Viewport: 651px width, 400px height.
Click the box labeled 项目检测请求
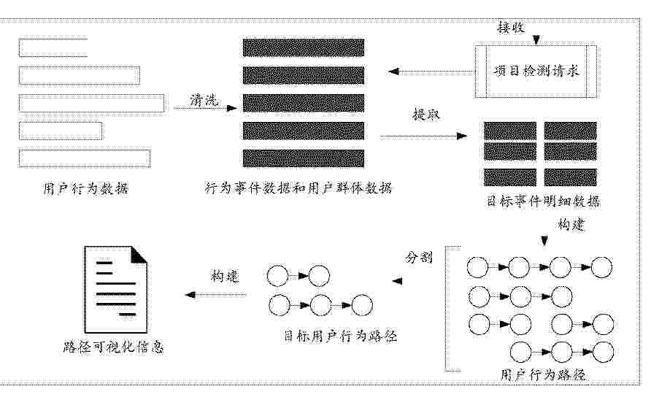(x=536, y=72)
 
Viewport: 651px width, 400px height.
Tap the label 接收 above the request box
(x=511, y=28)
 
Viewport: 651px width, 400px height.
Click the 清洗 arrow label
(x=204, y=100)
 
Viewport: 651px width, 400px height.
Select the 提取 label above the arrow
(x=426, y=114)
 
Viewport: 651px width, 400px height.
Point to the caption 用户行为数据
(x=85, y=189)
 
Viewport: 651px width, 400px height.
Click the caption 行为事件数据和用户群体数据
(x=298, y=188)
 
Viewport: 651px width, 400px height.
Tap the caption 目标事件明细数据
(x=543, y=201)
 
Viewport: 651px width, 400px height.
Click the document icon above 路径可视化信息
(x=116, y=290)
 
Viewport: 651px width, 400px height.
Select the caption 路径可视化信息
(x=113, y=347)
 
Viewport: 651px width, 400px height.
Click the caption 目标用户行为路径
(x=340, y=336)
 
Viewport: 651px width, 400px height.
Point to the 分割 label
(x=418, y=258)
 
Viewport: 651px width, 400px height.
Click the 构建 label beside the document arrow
(x=225, y=276)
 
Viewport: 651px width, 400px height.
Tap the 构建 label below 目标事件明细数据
(x=571, y=225)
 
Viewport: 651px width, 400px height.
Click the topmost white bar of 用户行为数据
(x=53, y=47)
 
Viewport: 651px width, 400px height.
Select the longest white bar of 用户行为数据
(x=91, y=104)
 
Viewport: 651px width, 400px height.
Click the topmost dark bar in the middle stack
(x=304, y=47)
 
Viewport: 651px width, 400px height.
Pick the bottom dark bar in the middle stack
(x=304, y=158)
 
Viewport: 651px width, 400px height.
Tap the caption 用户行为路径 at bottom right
(x=543, y=375)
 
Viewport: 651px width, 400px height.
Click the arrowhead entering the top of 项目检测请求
(x=536, y=40)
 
